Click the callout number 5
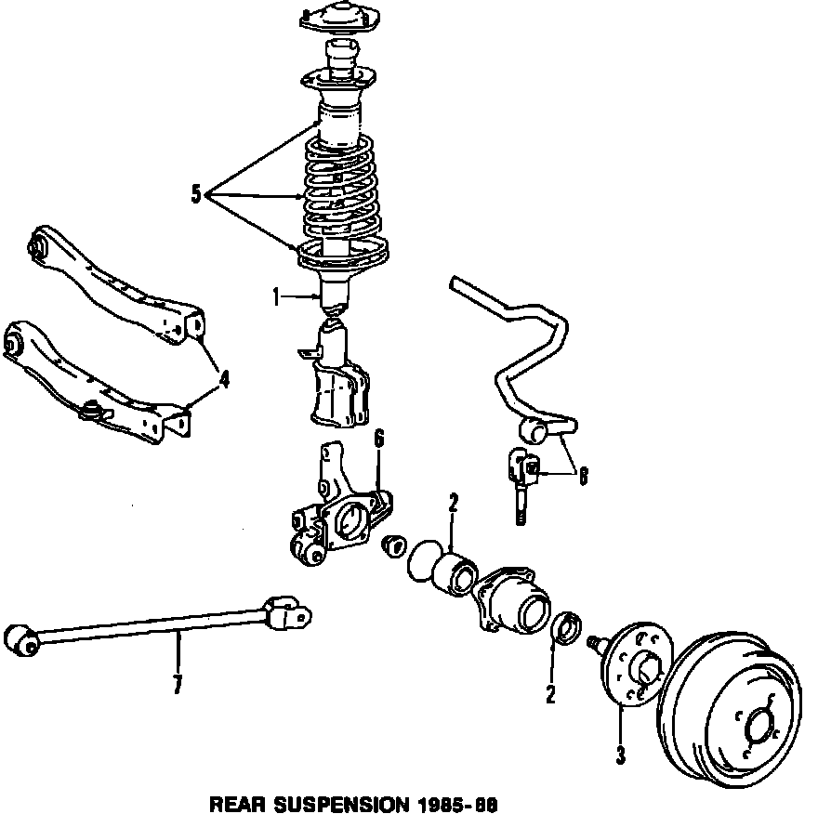coord(196,194)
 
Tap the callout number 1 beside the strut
coord(276,297)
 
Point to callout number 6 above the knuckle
coord(378,440)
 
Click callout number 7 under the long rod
coord(178,686)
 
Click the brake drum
coord(730,706)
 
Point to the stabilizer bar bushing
coord(538,429)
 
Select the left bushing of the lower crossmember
coord(13,344)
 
